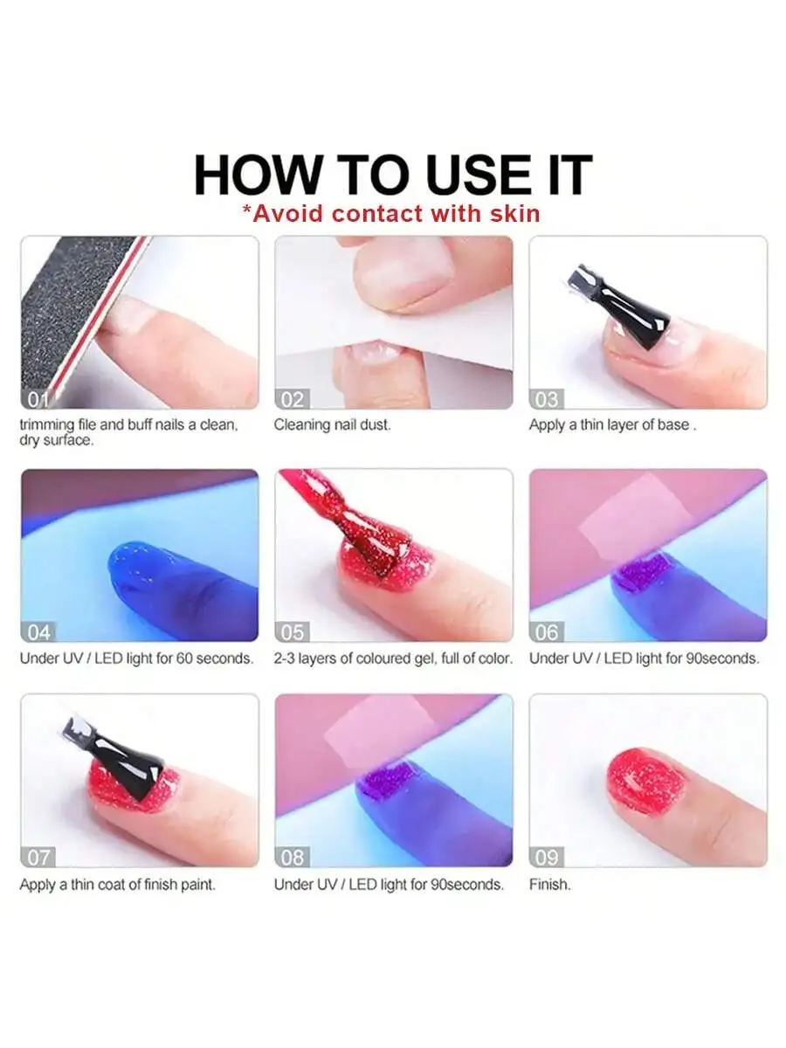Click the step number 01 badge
pyautogui.click(x=38, y=400)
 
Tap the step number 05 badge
pyautogui.click(x=293, y=631)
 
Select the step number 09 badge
pyautogui.click(x=548, y=857)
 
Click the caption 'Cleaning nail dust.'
pyautogui.click(x=333, y=425)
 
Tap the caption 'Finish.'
pyautogui.click(x=550, y=885)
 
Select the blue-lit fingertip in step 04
pyautogui.click(x=148, y=576)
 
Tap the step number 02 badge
pyautogui.click(x=293, y=400)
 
